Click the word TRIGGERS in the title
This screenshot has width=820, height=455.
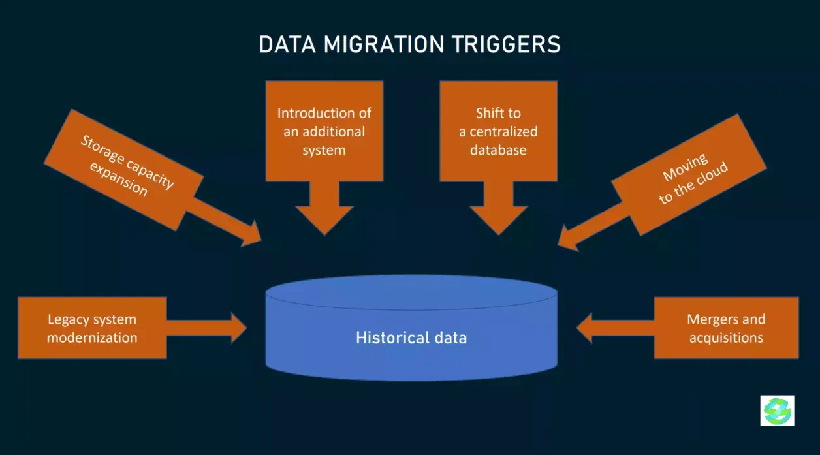tap(506, 44)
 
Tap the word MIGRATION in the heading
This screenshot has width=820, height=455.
tap(384, 44)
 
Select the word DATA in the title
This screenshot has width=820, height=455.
tap(287, 44)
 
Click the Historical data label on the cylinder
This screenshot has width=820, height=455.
tap(411, 337)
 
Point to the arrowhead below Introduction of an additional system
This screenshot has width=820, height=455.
tap(324, 220)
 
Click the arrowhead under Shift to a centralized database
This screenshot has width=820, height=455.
tap(499, 220)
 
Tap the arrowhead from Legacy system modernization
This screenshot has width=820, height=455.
tap(239, 328)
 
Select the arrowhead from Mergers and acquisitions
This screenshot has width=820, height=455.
tap(584, 328)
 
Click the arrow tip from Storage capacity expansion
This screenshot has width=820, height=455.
tap(261, 241)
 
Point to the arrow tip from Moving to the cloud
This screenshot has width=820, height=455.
tap(558, 245)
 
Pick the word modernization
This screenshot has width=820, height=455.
tap(92, 337)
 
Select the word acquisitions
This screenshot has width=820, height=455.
tap(726, 337)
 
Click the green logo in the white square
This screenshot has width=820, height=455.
tap(777, 411)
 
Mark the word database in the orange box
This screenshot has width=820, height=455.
tap(498, 150)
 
